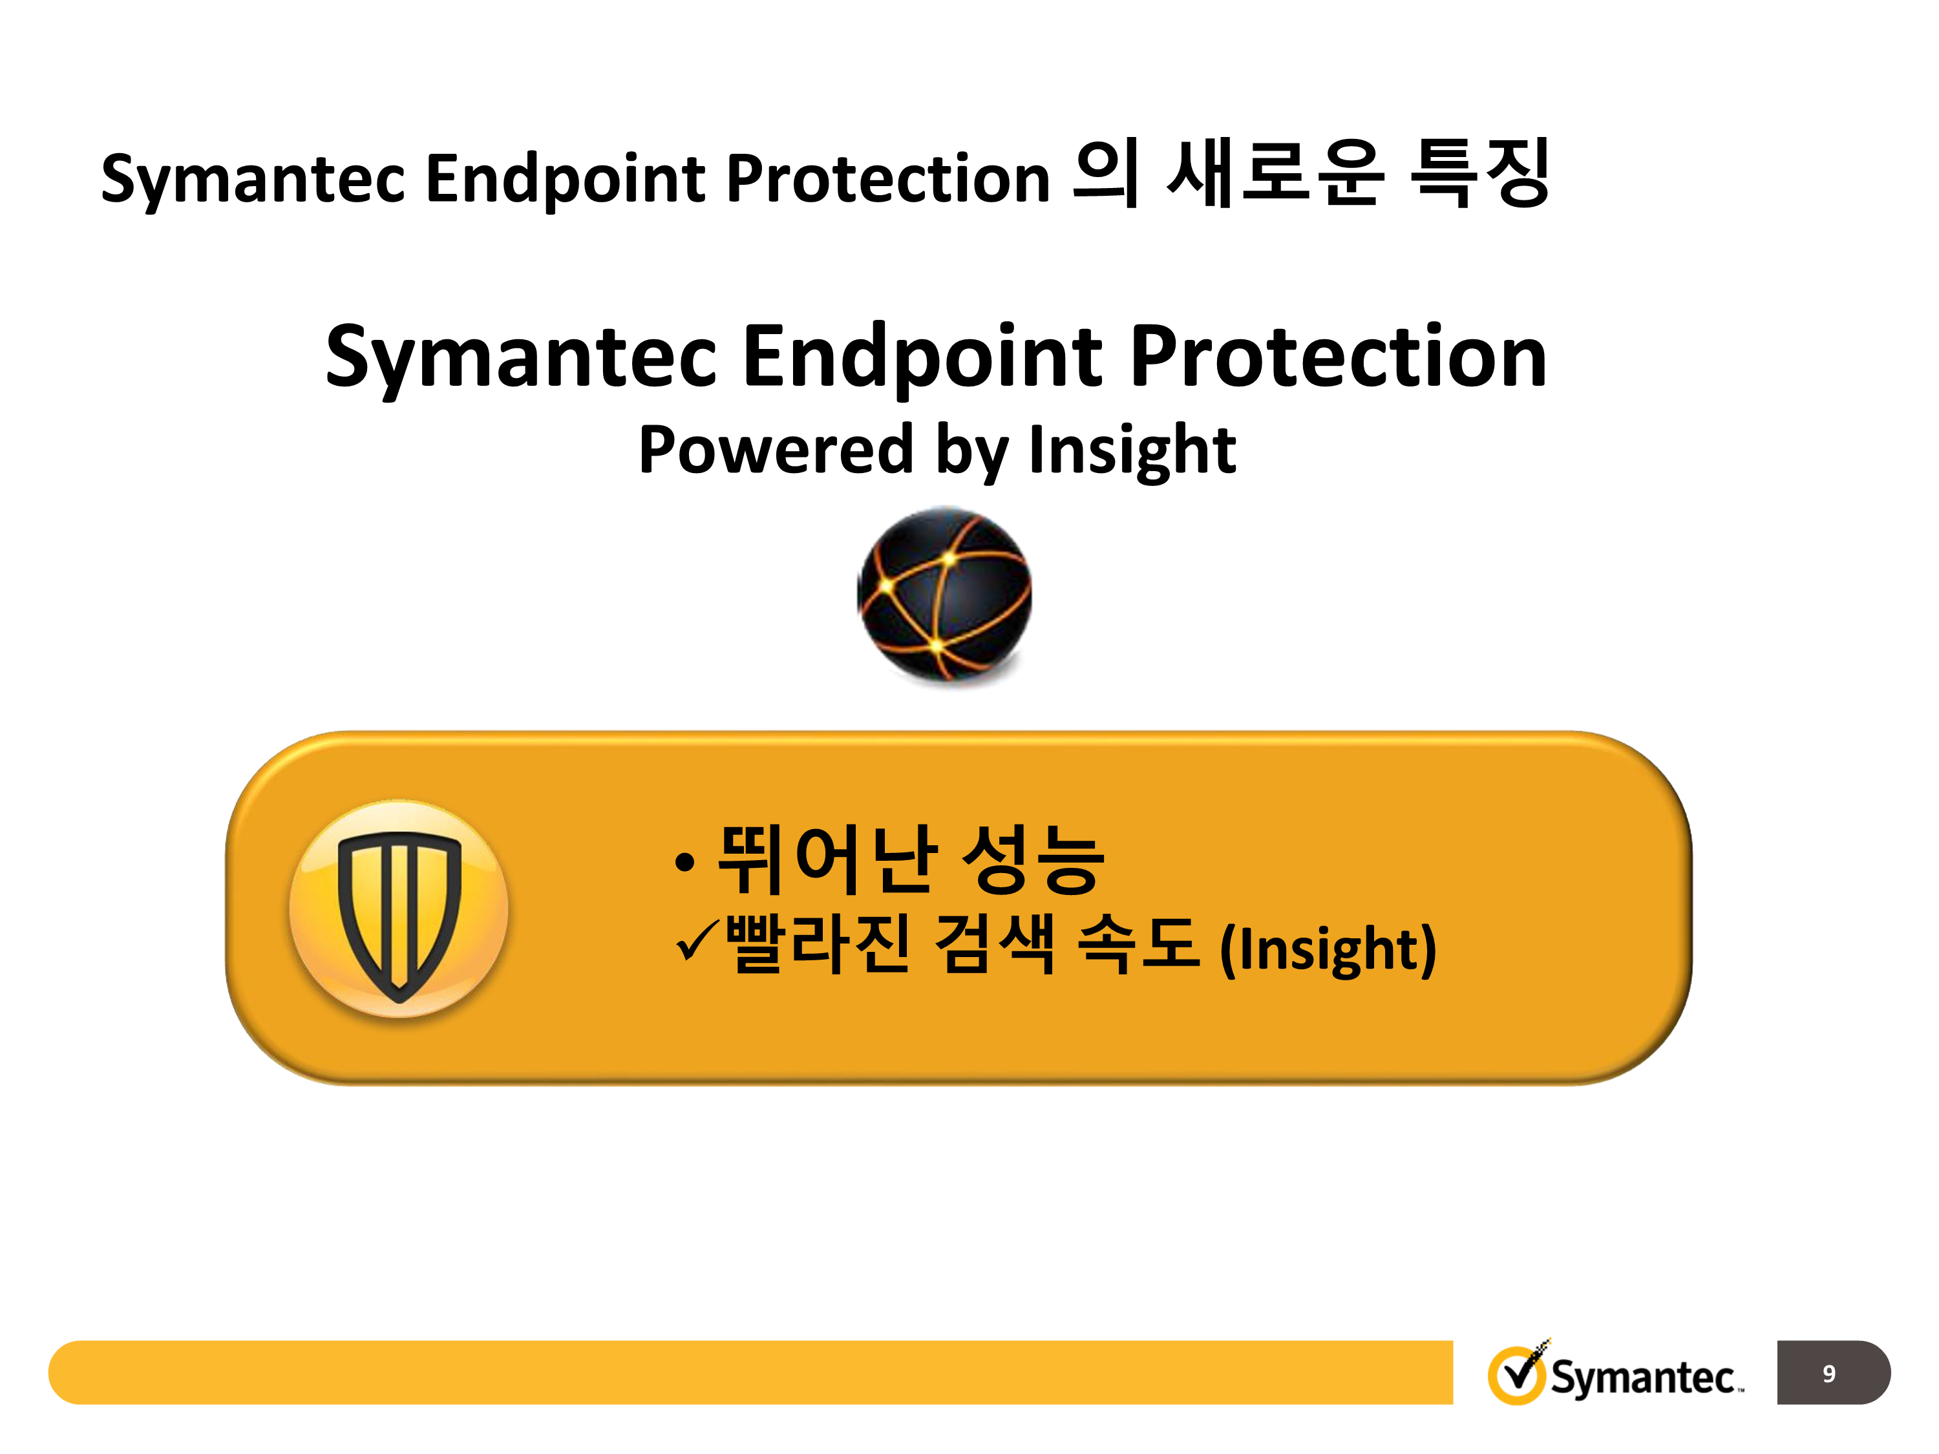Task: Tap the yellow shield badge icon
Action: [x=399, y=909]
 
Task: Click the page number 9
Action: [x=1828, y=1373]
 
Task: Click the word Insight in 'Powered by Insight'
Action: [x=1132, y=450]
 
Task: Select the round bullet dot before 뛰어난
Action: [x=686, y=863]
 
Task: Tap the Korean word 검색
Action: [x=994, y=944]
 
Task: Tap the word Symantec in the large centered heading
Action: [x=522, y=357]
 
